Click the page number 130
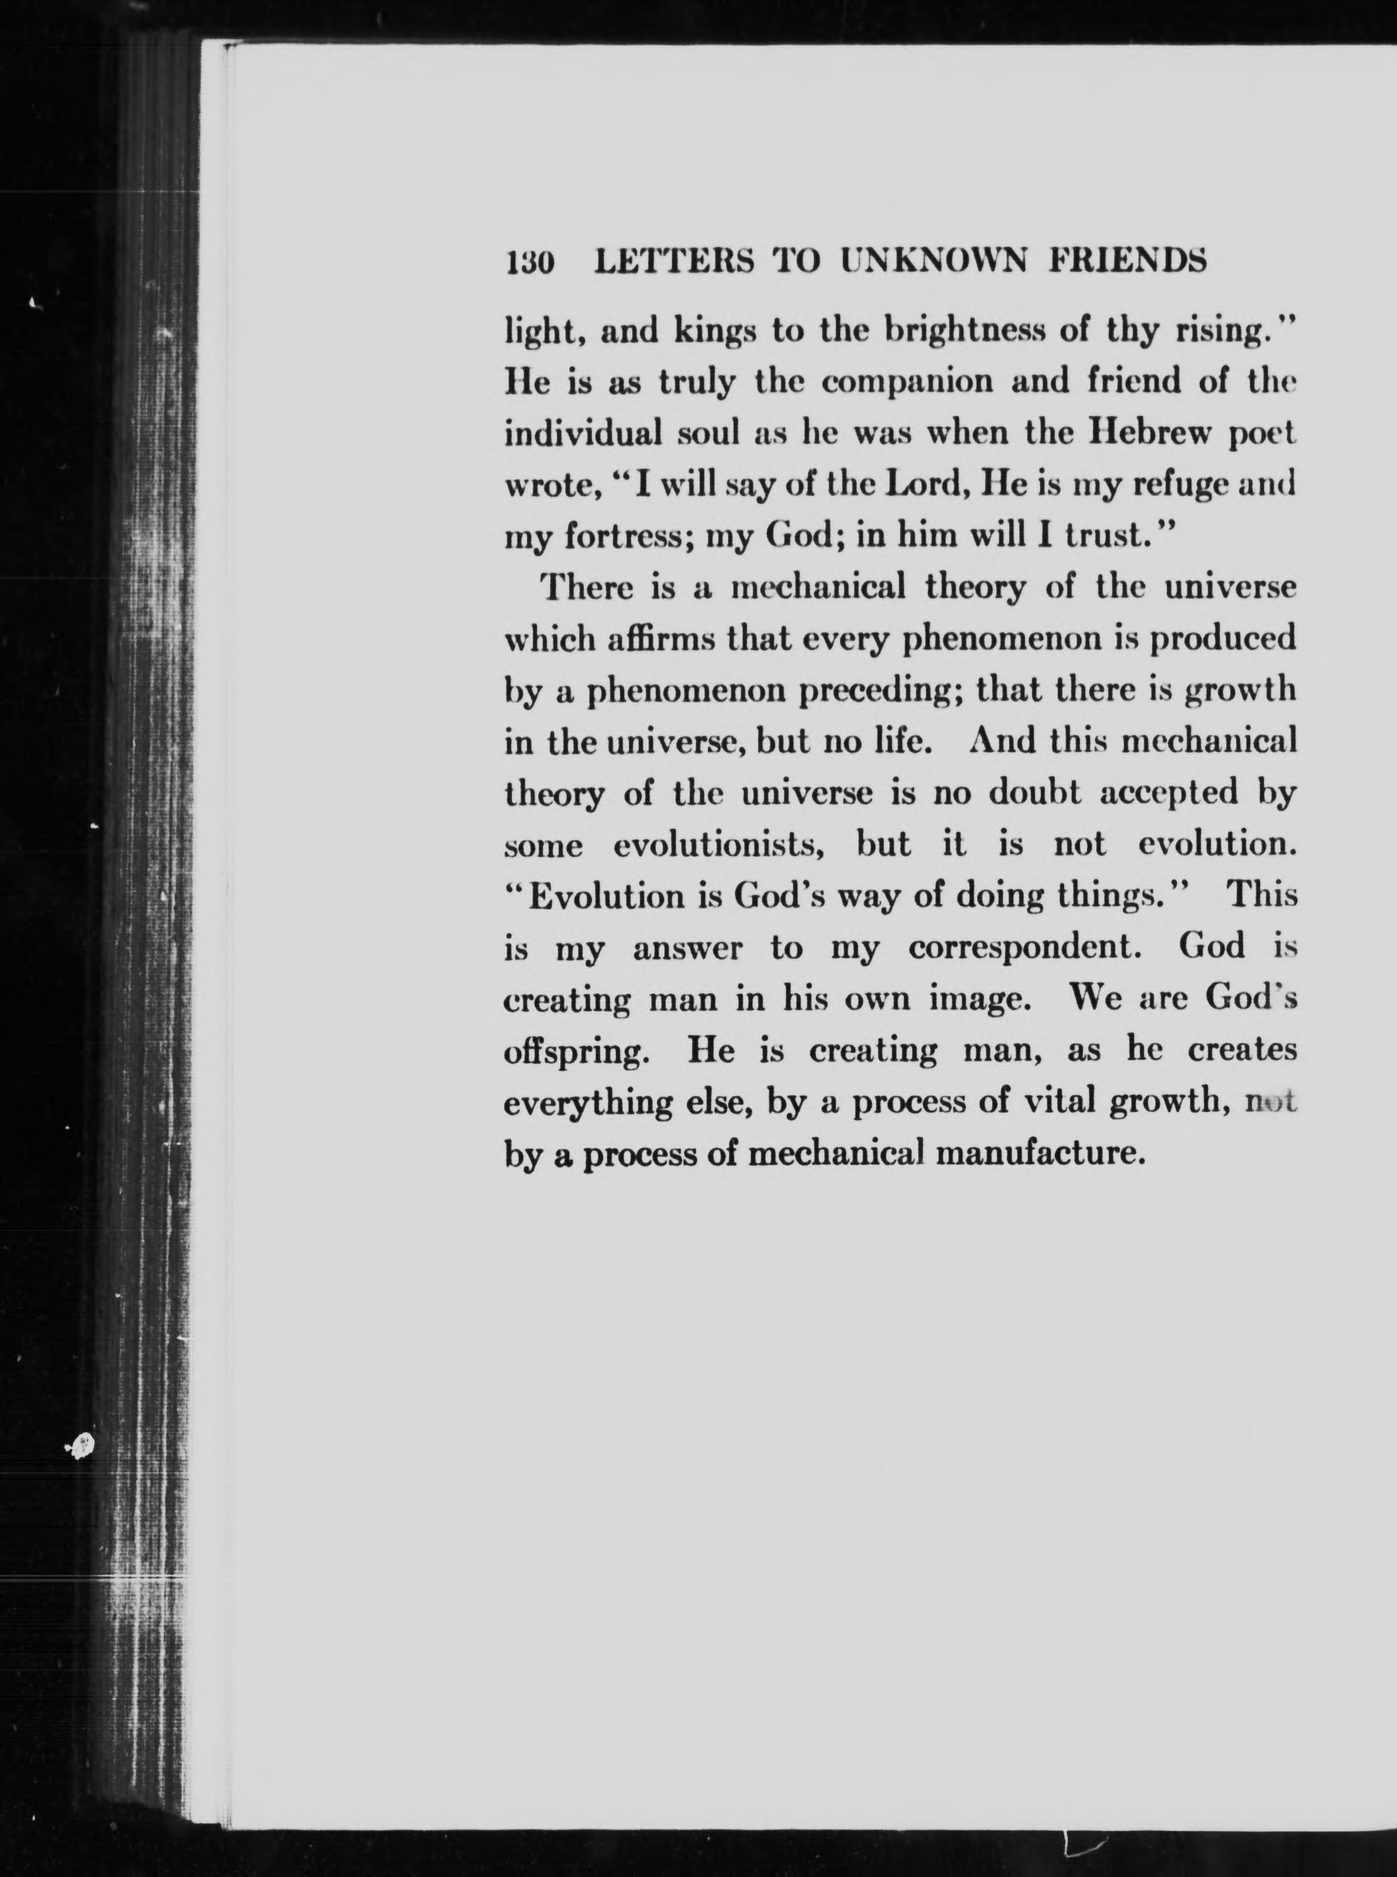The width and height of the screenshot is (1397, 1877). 528,263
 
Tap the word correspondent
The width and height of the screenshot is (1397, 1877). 1026,948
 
